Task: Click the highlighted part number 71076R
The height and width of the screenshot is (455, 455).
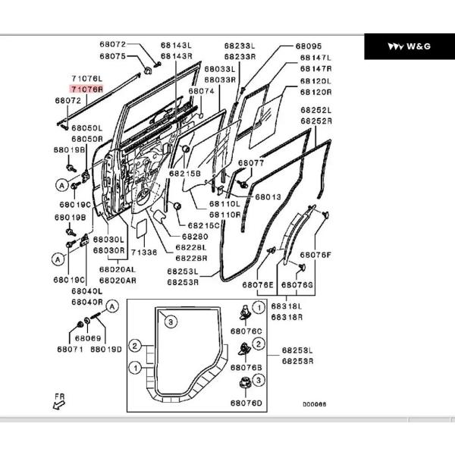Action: click(86, 89)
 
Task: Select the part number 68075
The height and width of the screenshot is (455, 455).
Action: click(114, 56)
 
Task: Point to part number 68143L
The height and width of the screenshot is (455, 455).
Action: click(175, 45)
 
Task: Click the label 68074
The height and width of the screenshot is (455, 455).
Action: click(201, 91)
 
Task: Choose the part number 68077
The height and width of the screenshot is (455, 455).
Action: click(251, 163)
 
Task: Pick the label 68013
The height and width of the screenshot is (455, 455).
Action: click(268, 197)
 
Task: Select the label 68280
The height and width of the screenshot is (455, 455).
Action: click(190, 236)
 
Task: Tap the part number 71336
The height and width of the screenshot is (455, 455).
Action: click(143, 252)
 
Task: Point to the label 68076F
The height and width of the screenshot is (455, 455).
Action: click(315, 255)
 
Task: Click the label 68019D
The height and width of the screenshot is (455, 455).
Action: click(105, 349)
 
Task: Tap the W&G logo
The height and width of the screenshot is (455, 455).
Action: click(409, 46)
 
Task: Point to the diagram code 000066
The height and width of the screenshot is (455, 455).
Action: click(314, 404)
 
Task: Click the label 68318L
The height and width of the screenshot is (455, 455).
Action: click(286, 306)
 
